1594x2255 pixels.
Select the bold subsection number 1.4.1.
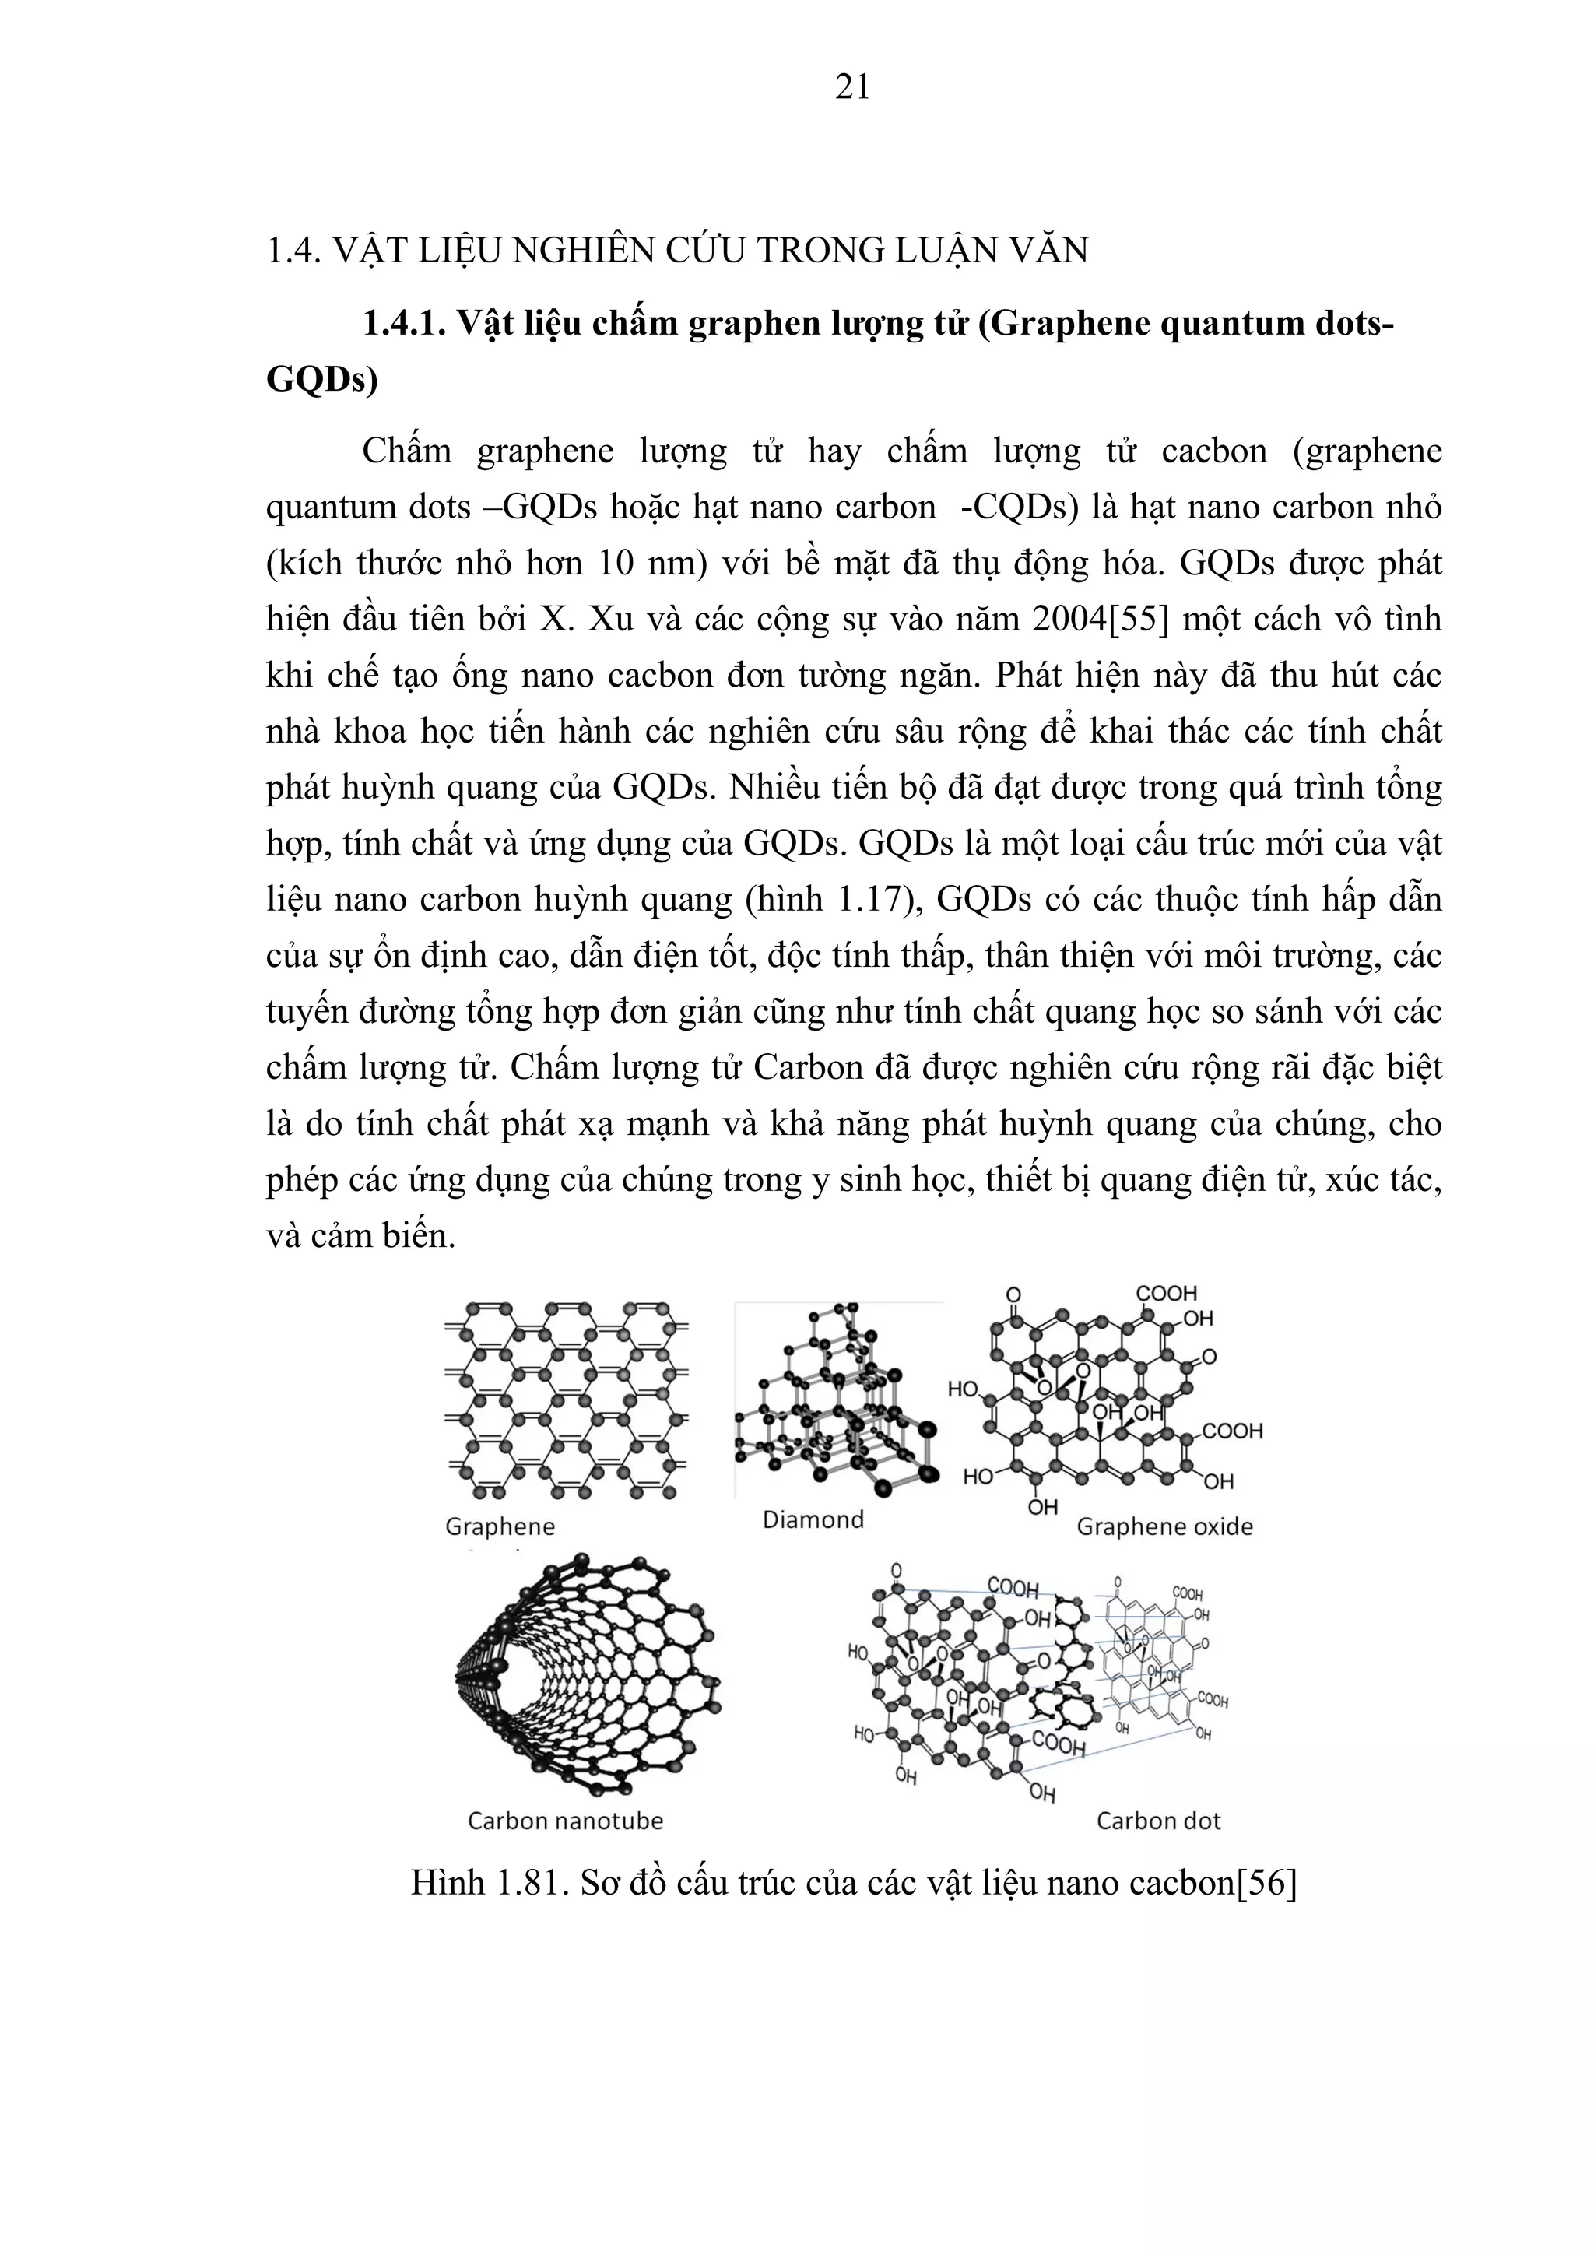[405, 323]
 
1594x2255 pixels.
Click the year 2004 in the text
[1069, 620]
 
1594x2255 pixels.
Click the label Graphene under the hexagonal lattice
[500, 1526]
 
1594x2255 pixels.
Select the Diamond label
[813, 1519]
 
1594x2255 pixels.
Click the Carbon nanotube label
[565, 1821]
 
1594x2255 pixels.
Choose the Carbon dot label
[1158, 1821]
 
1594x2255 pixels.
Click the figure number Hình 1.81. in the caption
[489, 1883]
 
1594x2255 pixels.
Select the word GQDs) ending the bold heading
[322, 380]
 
